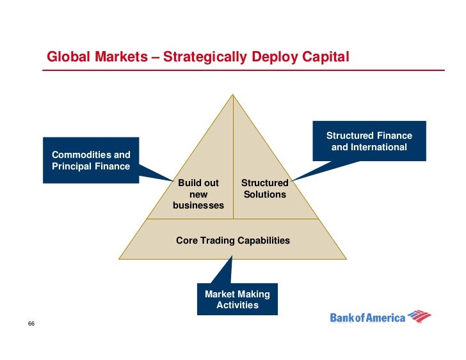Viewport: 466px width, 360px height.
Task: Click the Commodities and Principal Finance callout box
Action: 91,160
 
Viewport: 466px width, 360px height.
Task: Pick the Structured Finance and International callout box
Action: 369,141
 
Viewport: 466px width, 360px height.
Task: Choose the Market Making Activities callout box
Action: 237,299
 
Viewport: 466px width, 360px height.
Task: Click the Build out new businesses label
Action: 198,194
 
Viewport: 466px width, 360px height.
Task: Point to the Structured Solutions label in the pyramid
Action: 264,189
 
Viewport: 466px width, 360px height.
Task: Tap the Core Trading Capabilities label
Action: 232,240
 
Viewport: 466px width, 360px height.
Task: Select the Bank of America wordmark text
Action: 367,317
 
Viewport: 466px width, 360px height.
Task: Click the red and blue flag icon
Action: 419,316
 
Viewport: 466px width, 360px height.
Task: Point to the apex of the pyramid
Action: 233,96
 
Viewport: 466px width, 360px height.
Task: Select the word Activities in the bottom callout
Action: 237,305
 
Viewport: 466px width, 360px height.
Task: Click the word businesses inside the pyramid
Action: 198,206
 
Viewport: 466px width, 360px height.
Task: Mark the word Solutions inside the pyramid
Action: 264,194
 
